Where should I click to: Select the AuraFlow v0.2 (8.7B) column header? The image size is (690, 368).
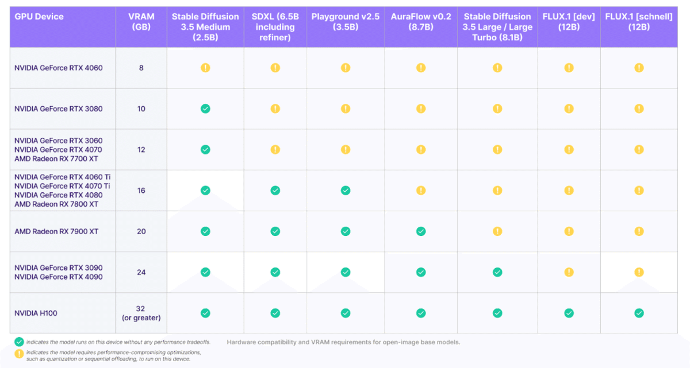pyautogui.click(x=420, y=21)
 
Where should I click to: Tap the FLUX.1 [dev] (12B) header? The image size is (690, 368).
pyautogui.click(x=569, y=21)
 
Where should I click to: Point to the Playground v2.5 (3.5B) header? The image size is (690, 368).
pyautogui.click(x=345, y=21)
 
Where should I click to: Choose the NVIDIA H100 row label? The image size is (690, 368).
pyautogui.click(x=36, y=313)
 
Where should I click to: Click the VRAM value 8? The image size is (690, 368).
pyautogui.click(x=141, y=68)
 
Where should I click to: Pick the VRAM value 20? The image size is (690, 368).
pyautogui.click(x=141, y=231)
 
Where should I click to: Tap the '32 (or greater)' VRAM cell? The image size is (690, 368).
pyautogui.click(x=141, y=313)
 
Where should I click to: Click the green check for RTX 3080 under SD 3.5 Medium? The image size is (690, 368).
pyautogui.click(x=205, y=109)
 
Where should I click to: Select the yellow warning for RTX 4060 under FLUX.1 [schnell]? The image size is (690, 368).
pyautogui.click(x=639, y=68)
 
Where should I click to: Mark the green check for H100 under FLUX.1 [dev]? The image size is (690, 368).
pyautogui.click(x=569, y=313)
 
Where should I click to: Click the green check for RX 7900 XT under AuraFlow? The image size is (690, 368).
pyautogui.click(x=421, y=231)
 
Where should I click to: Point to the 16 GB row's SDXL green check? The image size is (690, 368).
pyautogui.click(x=275, y=191)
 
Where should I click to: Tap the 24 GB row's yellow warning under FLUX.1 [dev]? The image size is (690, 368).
pyautogui.click(x=569, y=272)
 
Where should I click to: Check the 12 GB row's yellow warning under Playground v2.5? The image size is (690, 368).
pyautogui.click(x=345, y=149)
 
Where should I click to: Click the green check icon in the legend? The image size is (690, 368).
pyautogui.click(x=19, y=342)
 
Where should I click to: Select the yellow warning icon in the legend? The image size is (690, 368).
pyautogui.click(x=19, y=352)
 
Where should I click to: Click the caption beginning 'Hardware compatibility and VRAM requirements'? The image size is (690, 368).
pyautogui.click(x=343, y=343)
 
